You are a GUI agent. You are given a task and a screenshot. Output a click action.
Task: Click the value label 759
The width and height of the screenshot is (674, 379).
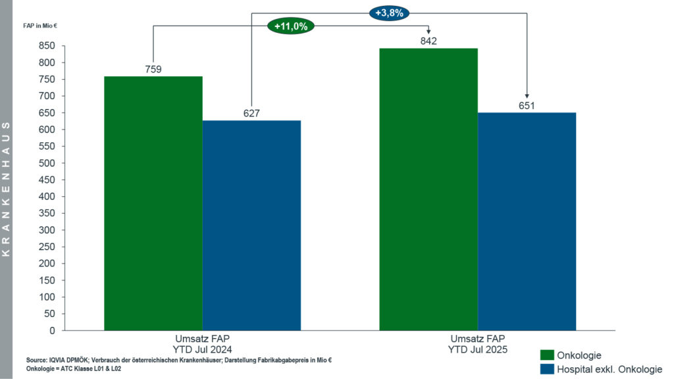coord(153,69)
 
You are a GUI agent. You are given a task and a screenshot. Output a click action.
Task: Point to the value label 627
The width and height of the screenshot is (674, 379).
coord(251,113)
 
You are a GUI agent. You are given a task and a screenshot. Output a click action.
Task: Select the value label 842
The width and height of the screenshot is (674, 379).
coord(428,41)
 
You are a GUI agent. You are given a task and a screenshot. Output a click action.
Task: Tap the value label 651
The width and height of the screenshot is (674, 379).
coord(527,105)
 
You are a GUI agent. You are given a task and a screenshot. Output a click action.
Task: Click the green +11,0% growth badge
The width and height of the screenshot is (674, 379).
coord(291,26)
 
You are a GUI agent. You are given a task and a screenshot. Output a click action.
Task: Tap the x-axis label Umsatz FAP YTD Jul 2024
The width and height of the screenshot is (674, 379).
coord(203,343)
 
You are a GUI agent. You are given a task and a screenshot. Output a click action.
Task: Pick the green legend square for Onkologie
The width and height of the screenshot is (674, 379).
coord(546,355)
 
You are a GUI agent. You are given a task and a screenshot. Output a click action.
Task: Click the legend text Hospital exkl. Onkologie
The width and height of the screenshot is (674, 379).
coord(609,369)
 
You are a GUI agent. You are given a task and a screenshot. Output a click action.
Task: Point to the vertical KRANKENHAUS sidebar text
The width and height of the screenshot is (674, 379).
coord(6,189)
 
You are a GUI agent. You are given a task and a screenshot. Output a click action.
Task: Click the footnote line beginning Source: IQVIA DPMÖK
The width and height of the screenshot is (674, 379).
coord(178,360)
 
